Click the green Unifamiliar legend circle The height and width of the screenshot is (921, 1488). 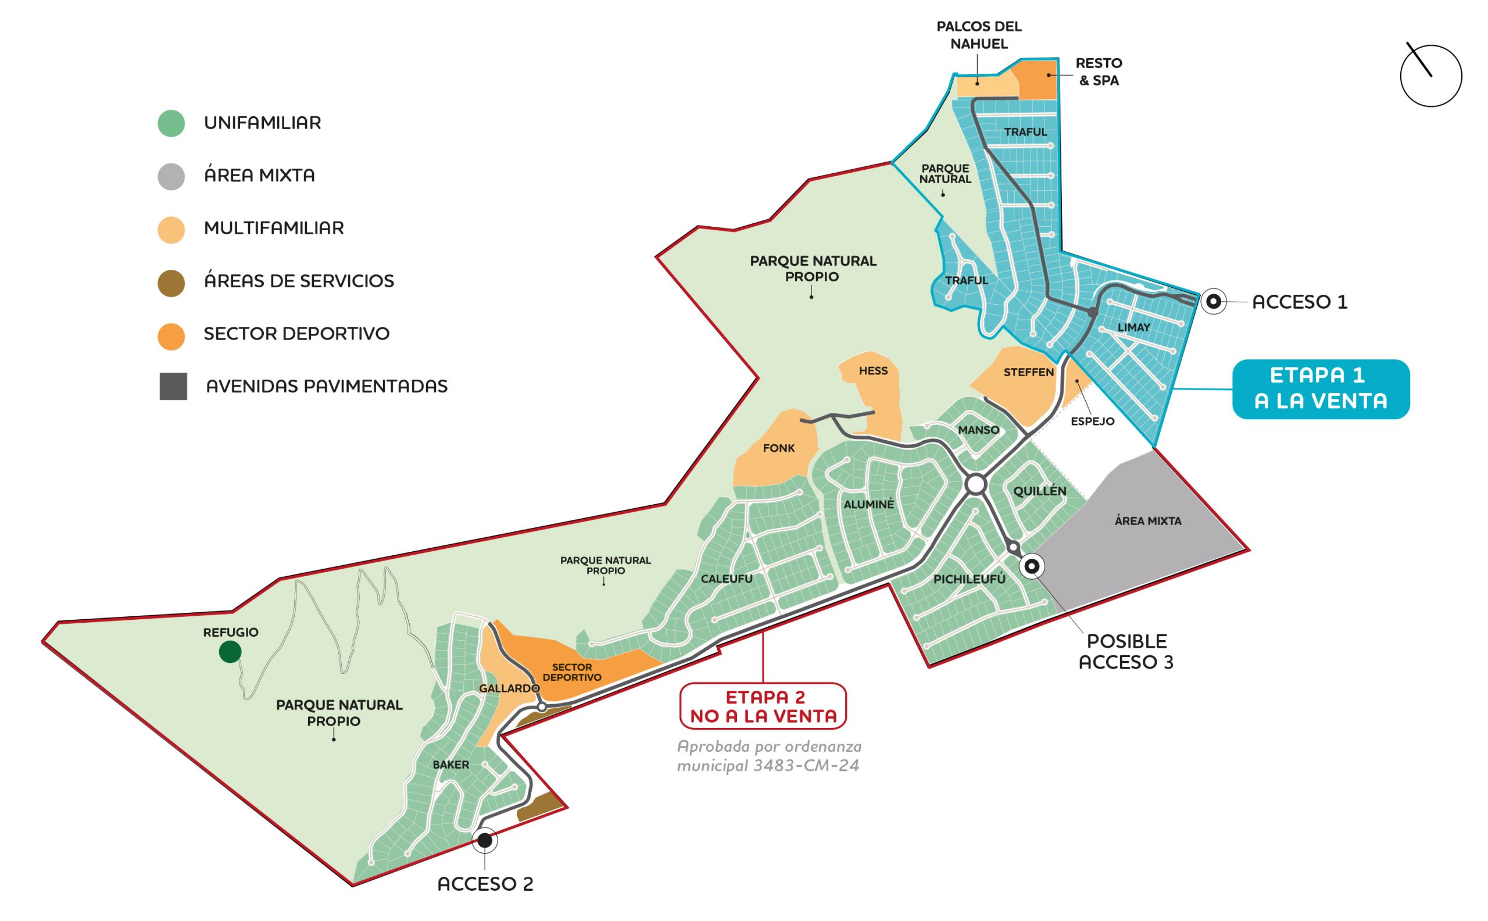coord(171,123)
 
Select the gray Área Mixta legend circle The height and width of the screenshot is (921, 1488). coord(171,177)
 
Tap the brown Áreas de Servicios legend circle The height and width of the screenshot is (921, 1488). coord(171,283)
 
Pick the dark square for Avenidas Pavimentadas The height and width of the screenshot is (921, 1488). coord(173,386)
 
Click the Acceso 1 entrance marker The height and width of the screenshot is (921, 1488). coord(1213,302)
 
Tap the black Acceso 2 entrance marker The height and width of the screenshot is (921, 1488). coord(484,841)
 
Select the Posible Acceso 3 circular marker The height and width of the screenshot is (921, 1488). coord(1031,566)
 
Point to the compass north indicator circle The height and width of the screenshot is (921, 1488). coord(1431,76)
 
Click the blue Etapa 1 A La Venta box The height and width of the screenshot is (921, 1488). coord(1321,388)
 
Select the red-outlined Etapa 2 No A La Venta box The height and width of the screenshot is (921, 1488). coord(763,706)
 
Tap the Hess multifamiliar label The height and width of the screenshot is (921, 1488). coord(873,371)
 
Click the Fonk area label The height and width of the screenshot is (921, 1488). coord(779,448)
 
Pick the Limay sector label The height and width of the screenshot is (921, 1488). coord(1133,328)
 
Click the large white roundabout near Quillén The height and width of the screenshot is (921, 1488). coord(975,485)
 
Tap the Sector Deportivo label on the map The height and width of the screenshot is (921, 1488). coord(572,673)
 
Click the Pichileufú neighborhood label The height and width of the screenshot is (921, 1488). coord(970,579)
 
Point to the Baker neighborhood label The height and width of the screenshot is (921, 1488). coord(450,765)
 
